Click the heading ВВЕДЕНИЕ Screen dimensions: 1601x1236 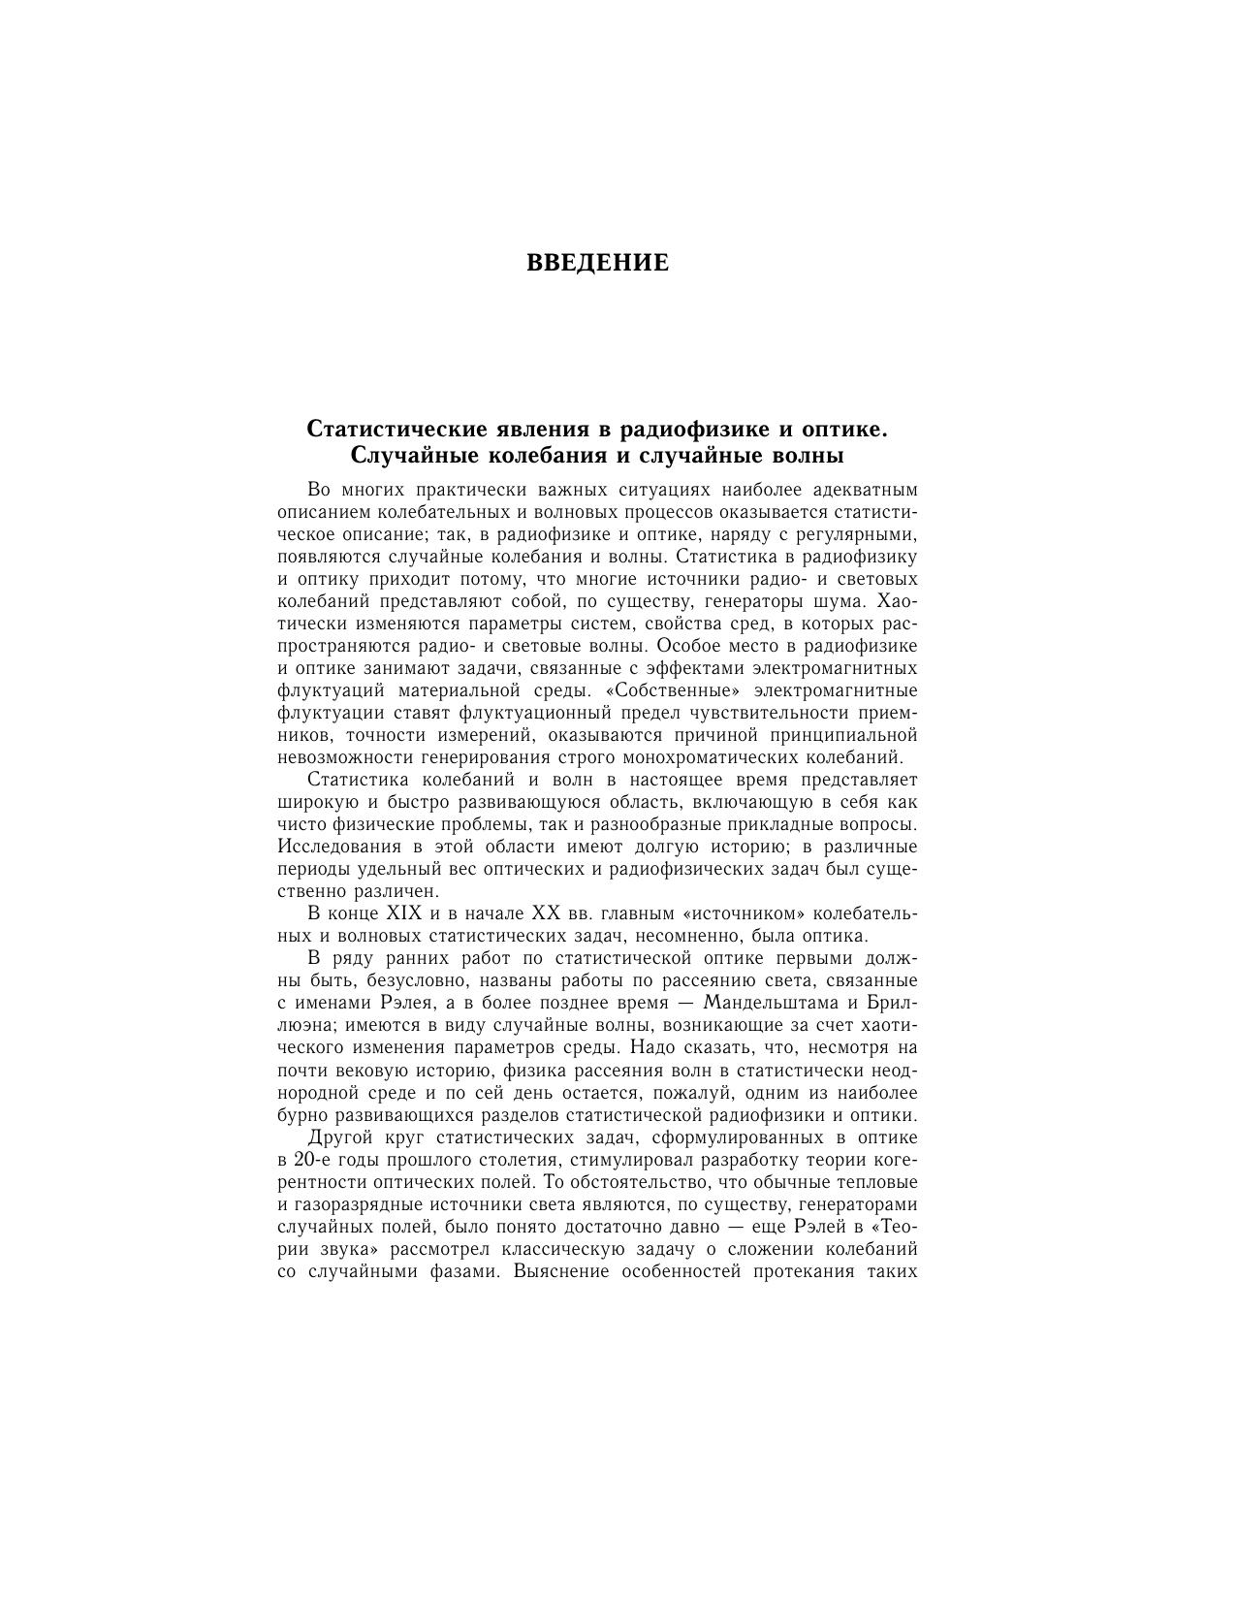point(597,263)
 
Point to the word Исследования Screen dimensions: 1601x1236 point(340,847)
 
